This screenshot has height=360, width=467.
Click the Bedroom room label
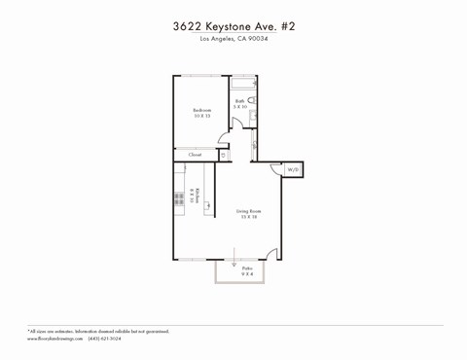[x=201, y=109]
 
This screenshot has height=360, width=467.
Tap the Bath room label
[x=239, y=101]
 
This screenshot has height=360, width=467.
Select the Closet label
[x=195, y=155]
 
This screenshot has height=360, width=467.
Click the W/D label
[x=292, y=169]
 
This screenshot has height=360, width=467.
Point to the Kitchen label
[x=195, y=194]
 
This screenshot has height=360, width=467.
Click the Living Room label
[x=248, y=210]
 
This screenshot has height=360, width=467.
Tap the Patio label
[x=233, y=268]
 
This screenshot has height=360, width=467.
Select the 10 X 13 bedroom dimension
[x=201, y=116]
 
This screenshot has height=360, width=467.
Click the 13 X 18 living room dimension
[x=248, y=217]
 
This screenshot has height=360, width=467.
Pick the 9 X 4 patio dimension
[x=233, y=274]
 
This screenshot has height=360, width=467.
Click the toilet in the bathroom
[x=251, y=100]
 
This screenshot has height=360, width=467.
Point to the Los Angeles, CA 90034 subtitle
[x=233, y=39]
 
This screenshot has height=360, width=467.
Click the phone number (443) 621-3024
[x=106, y=339]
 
